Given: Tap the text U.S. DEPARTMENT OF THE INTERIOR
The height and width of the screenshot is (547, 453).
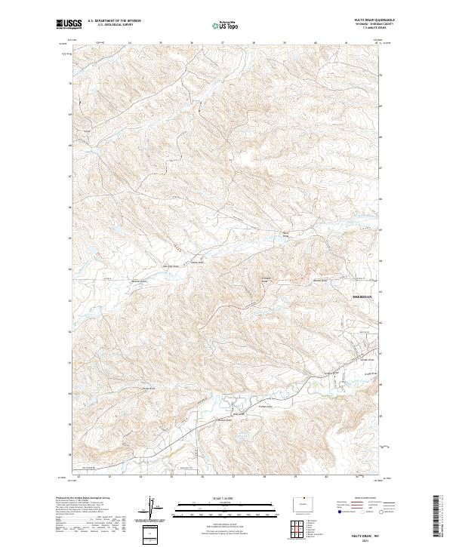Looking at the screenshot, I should pos(114,20).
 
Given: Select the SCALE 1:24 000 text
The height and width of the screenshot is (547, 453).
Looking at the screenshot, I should pos(226,497).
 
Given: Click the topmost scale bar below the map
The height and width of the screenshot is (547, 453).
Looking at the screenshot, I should pos(226,502).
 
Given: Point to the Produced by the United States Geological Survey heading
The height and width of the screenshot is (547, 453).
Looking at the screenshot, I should pos(83,498).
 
